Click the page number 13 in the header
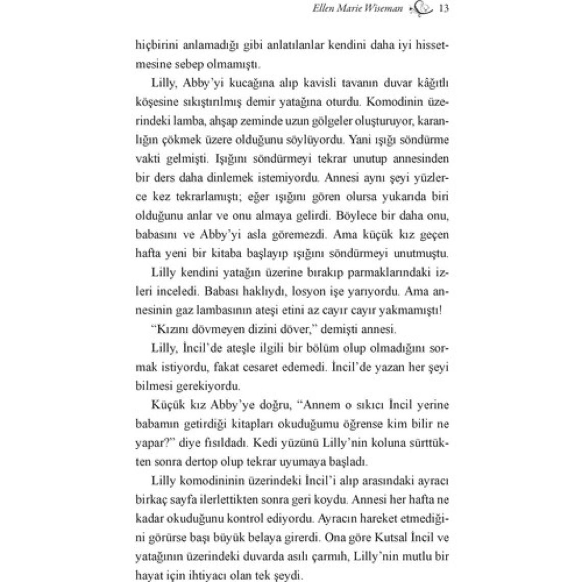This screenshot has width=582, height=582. click(444, 9)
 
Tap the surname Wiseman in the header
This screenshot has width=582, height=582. click(387, 9)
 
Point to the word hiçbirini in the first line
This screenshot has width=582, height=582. click(155, 45)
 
